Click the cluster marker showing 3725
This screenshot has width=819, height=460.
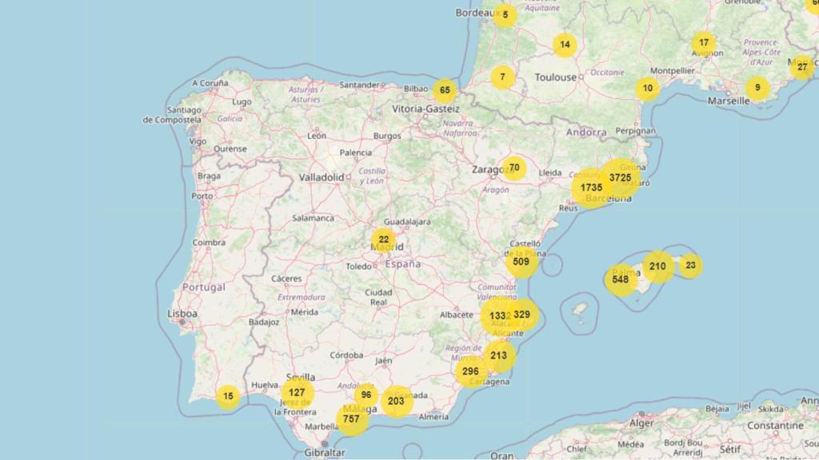pos(621,177)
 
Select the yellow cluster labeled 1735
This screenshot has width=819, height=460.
pos(591,188)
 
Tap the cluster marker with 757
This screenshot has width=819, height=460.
pos(351,418)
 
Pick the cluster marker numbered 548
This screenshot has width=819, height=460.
pos(621,280)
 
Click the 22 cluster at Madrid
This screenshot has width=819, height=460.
pos(384,240)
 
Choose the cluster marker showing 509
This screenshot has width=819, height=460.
pos(521,261)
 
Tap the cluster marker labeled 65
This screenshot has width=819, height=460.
pos(445,90)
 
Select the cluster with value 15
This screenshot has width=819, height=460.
pos(229,396)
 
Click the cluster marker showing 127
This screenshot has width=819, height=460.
pos(297,392)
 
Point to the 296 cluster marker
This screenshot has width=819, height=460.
pos(470,371)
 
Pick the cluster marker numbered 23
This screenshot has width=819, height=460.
pos(690,265)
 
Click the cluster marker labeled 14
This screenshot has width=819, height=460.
pos(565,45)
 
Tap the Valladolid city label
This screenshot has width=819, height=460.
pos(322,176)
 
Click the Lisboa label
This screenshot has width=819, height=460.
pos(182,314)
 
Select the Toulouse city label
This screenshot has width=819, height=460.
pos(555,77)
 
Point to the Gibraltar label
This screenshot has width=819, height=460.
pos(325,452)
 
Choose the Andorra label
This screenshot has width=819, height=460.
pos(586,133)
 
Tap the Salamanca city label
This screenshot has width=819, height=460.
pos(313,217)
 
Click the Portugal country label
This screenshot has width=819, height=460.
pos(204,287)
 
